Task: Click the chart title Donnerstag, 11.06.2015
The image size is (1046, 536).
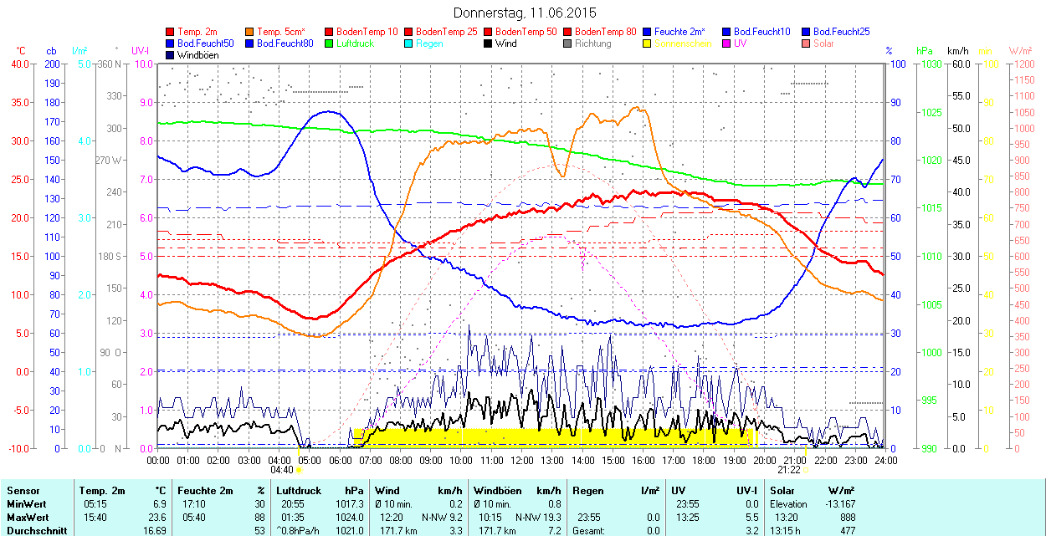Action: [525, 13]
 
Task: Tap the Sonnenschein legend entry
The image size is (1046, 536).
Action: [683, 43]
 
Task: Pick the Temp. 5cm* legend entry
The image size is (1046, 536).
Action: [281, 32]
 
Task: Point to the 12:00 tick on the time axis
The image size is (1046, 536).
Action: [522, 460]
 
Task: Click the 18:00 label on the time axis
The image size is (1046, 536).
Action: [704, 460]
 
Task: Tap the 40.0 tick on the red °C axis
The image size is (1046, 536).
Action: [17, 64]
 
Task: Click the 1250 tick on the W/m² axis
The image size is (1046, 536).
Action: [1023, 64]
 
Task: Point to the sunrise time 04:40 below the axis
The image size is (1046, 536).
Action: [281, 470]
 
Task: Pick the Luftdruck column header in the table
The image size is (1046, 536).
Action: [299, 491]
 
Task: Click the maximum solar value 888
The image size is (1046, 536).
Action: [848, 518]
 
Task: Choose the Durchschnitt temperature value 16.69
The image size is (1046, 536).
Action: [154, 530]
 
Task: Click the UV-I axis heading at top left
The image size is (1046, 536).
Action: [140, 51]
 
